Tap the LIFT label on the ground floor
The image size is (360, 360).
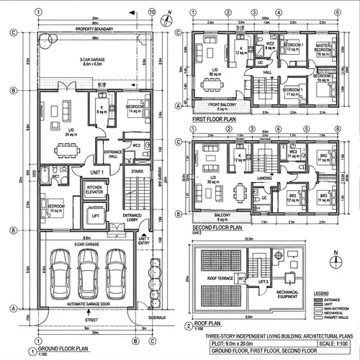[95, 215]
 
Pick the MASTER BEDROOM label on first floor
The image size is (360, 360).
[322, 48]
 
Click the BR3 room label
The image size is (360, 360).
[325, 196]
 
